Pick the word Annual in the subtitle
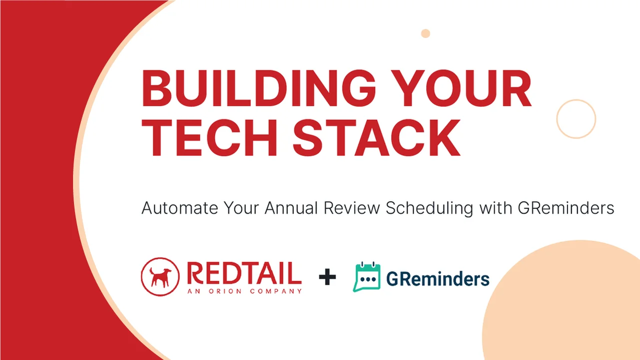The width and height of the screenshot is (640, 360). (291, 208)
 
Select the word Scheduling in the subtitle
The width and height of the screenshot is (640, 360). (429, 208)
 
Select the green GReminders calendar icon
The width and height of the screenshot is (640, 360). (367, 277)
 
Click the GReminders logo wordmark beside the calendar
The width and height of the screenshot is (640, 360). (438, 279)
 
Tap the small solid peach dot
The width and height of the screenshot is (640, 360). (425, 33)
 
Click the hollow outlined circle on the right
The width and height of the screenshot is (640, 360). (576, 119)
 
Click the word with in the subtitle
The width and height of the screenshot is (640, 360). (495, 208)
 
